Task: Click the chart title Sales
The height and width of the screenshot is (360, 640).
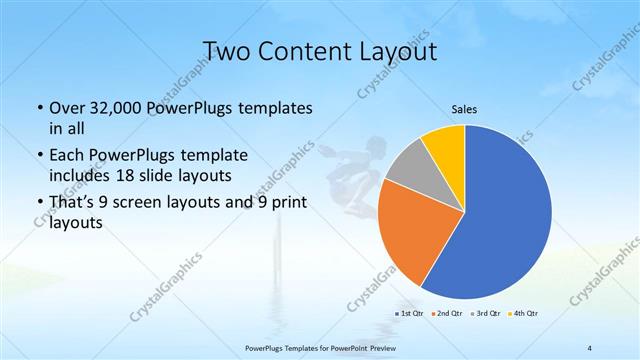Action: coord(465,111)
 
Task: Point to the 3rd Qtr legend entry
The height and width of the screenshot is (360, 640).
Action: coord(484,314)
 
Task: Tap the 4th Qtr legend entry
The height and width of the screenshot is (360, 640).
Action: coord(522,314)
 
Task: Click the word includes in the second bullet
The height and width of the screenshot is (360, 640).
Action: coord(80,176)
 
